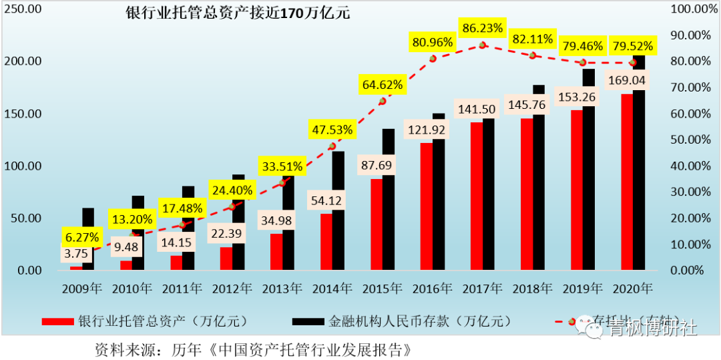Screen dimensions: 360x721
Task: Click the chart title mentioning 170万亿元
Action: [x=238, y=13]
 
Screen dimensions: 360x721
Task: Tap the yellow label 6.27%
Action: [x=81, y=237]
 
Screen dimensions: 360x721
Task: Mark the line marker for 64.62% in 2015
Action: [x=383, y=101]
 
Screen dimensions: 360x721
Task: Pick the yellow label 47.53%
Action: [x=330, y=129]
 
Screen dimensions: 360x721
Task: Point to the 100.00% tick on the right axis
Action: [x=689, y=9]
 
